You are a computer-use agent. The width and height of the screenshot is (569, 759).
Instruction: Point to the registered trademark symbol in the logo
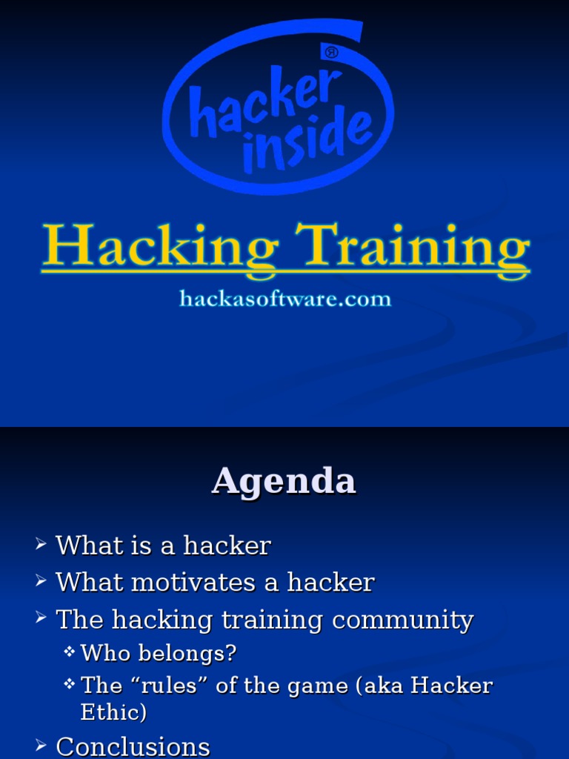point(331,53)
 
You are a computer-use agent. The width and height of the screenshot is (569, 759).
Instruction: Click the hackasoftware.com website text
point(285,299)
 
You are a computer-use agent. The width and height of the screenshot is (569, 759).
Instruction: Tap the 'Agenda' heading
point(284,481)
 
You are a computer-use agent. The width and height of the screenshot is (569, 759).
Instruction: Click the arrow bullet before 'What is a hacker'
point(41,546)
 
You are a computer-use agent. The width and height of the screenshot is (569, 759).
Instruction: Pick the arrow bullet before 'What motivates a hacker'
point(41,583)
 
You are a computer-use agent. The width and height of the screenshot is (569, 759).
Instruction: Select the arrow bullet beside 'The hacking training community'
point(41,620)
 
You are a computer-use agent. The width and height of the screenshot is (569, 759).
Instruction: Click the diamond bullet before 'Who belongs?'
point(70,652)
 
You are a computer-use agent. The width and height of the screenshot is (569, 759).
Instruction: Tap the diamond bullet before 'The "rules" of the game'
point(70,684)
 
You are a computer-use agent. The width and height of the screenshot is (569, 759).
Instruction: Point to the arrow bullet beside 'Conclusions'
point(41,746)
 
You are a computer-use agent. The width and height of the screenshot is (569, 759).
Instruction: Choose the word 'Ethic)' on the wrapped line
point(113,712)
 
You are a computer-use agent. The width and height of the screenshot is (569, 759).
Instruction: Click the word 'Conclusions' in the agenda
point(133,746)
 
